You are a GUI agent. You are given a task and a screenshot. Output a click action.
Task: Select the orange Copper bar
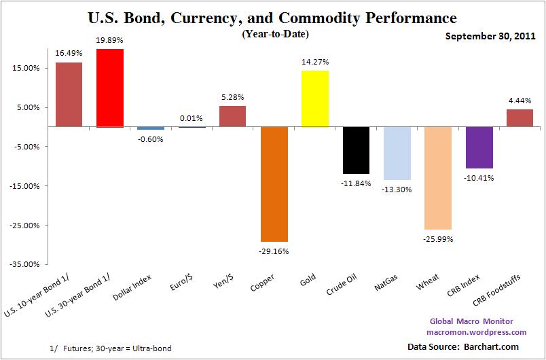coord(274,184)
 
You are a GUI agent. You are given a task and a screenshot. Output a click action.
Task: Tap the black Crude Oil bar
coord(356,150)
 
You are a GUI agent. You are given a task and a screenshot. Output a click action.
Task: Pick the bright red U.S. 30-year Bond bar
coord(110,88)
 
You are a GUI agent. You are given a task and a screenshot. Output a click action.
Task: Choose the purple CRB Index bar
coord(479,147)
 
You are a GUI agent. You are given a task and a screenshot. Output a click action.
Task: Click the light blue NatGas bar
coord(397,153)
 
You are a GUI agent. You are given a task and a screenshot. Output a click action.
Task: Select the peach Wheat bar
coord(438,178)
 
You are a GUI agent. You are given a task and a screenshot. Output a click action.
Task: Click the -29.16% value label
coord(274,250)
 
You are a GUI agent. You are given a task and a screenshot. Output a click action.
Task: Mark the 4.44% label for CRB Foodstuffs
coord(520,101)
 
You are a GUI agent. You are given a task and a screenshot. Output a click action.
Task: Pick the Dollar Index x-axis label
coord(148,288)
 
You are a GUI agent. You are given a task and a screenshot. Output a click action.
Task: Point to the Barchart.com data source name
coord(499,346)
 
